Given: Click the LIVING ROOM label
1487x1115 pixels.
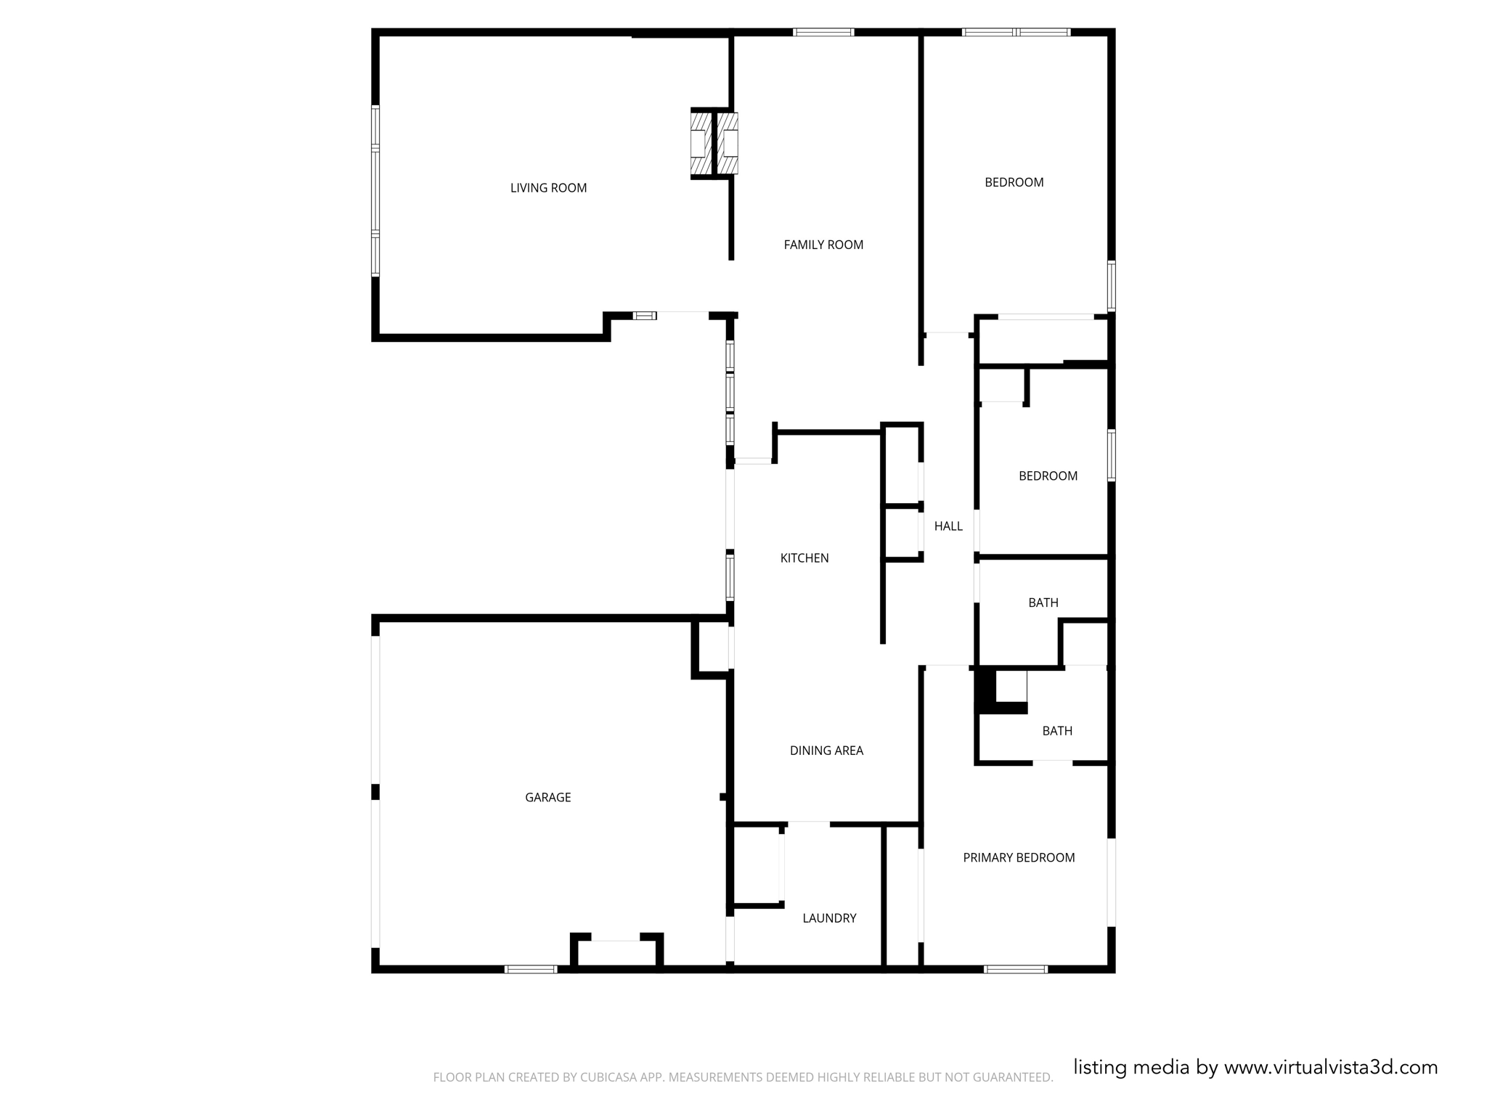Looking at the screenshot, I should pos(548,188).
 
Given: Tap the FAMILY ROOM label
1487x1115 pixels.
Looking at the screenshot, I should pos(823,245).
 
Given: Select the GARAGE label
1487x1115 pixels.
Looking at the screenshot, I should pos(547,797).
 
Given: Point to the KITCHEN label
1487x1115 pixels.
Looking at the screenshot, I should pos(804,557).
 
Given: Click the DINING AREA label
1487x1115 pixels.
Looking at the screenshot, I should pos(826,751).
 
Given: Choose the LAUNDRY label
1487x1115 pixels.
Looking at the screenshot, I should pos(829,918).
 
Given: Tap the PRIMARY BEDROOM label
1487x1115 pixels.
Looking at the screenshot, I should pos(1019,857).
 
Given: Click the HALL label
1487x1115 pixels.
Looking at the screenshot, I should pos(948,526).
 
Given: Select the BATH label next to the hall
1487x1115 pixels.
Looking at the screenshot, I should pos(1043,603).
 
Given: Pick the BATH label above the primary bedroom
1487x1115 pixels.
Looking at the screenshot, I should pos(1056,731).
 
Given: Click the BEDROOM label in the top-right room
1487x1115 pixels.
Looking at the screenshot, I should pos(1014,182).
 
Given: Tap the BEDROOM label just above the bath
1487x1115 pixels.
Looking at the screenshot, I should pos(1048,476).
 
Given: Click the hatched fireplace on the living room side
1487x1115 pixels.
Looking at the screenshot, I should pos(700,143).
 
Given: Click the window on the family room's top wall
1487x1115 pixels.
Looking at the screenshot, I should pos(823,32).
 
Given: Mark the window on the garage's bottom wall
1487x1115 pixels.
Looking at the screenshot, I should pos(531,969).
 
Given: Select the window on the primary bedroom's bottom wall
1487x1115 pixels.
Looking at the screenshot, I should pos(1015,969).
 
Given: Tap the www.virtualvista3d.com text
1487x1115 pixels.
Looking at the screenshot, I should pos(1330,1067).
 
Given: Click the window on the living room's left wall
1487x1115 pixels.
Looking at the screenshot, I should pos(375,191).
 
